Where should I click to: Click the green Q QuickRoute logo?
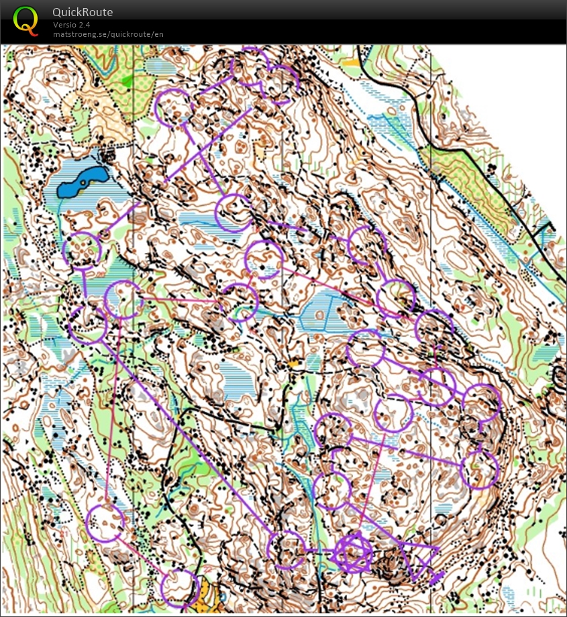point(25,19)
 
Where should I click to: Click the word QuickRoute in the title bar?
point(83,12)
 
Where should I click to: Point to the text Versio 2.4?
point(72,25)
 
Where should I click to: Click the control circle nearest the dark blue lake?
point(82,250)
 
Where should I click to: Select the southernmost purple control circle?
point(180,587)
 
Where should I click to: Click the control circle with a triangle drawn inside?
point(354,553)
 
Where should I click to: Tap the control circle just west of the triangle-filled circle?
point(287,549)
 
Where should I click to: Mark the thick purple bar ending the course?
point(436,577)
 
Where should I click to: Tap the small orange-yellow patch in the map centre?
point(293,363)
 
